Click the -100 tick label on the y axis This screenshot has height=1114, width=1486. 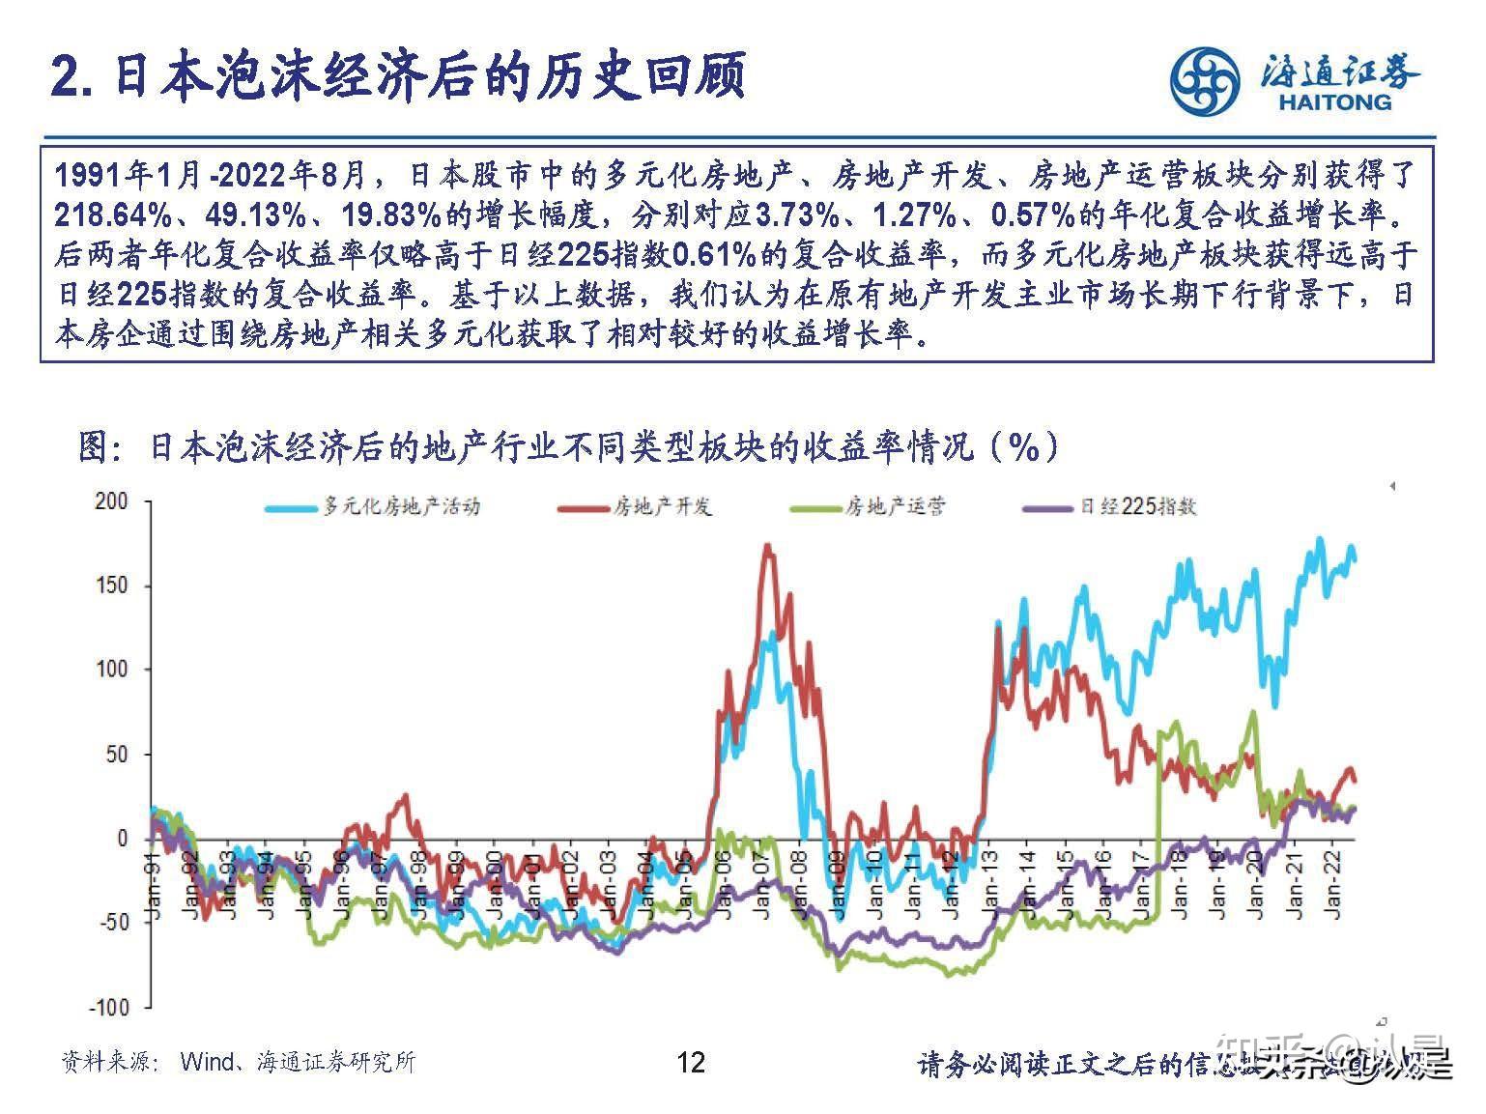[x=108, y=1007]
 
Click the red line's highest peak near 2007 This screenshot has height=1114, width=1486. [x=768, y=548]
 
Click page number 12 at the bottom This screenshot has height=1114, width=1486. [x=691, y=1063]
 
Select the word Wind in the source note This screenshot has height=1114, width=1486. [x=207, y=1063]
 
